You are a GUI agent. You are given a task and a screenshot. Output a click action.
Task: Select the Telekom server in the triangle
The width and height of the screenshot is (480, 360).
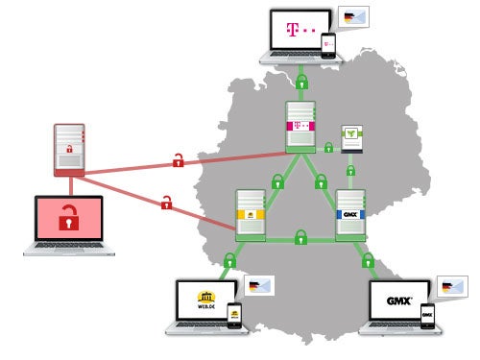(301, 127)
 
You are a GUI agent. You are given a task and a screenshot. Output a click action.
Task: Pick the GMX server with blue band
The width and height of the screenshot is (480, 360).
(349, 215)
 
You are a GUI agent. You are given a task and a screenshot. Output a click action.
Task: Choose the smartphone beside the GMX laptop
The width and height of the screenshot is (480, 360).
(427, 316)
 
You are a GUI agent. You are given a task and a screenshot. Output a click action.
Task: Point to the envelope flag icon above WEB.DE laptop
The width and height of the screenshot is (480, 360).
(259, 285)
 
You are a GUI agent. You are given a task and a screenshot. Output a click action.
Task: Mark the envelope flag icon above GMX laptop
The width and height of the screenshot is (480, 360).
(451, 285)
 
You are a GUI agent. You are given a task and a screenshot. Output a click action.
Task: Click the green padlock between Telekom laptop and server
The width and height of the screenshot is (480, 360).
(302, 82)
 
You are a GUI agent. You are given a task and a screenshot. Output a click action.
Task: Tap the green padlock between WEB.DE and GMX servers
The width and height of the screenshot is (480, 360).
(300, 235)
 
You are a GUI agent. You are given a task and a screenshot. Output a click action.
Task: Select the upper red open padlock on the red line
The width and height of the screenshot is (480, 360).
(178, 160)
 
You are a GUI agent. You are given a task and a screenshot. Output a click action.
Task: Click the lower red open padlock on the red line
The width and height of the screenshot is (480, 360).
(166, 202)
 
